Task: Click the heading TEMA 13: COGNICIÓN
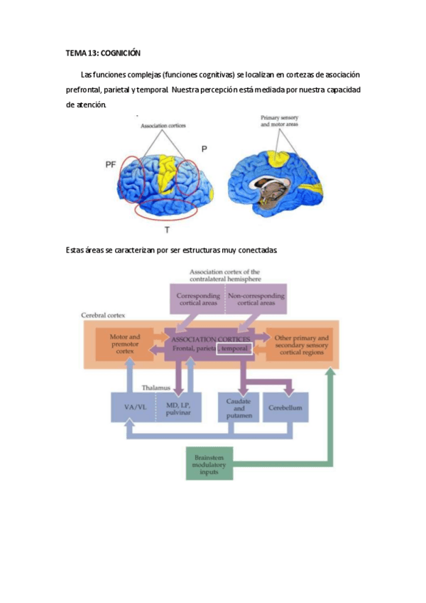(103, 53)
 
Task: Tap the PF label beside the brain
(110, 164)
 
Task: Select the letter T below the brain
(167, 230)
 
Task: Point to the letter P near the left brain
(204, 149)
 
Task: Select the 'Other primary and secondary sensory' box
(302, 343)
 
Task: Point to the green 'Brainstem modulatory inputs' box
(209, 463)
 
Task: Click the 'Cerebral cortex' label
(104, 314)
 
